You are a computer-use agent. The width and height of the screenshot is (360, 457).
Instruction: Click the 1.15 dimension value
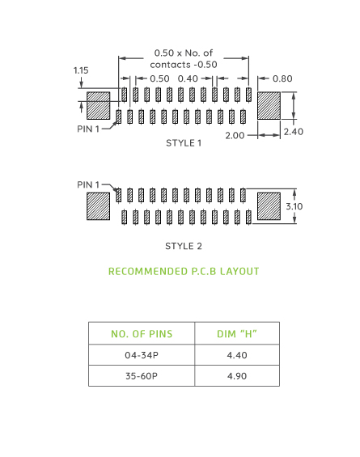tap(81, 70)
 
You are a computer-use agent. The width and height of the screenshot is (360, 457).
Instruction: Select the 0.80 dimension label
tap(282, 78)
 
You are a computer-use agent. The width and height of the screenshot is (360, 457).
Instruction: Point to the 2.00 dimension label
tap(235, 136)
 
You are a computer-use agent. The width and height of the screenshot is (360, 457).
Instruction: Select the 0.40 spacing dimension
tap(188, 78)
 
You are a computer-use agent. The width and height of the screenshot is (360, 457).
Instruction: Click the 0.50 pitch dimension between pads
tap(159, 78)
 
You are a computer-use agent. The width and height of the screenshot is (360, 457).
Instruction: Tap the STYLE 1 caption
tap(184, 143)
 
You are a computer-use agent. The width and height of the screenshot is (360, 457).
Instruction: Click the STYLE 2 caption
tap(184, 246)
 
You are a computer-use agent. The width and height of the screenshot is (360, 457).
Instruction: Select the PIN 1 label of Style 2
tap(89, 184)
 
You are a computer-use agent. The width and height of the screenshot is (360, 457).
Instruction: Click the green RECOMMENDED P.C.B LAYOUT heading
tap(184, 271)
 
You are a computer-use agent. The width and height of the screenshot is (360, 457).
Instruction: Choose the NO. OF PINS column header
tap(142, 334)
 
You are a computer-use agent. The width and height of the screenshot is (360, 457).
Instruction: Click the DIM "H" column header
tap(236, 334)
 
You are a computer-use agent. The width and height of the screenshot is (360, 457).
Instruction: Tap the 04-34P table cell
tap(142, 355)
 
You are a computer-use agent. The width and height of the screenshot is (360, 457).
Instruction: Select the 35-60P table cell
tap(142, 376)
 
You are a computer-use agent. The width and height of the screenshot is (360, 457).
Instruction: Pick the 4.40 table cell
tap(236, 355)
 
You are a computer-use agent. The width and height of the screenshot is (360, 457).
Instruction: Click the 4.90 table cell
tap(236, 376)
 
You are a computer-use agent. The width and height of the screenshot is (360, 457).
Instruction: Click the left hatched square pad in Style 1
tap(98, 106)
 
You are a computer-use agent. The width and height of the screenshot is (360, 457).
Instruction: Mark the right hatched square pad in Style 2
tap(269, 205)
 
